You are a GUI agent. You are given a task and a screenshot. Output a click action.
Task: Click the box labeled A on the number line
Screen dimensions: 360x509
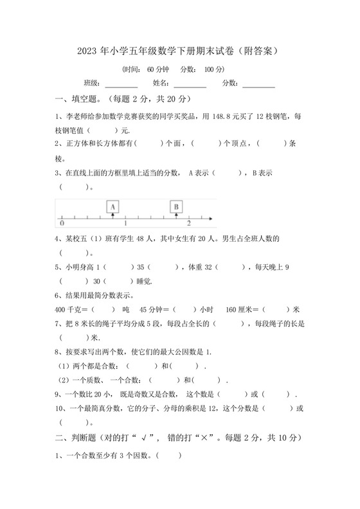[x=113, y=206]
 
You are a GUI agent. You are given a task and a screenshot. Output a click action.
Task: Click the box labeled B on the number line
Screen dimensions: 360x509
[x=176, y=206]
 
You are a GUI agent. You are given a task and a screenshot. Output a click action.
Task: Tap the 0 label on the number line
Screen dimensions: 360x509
[x=61, y=224]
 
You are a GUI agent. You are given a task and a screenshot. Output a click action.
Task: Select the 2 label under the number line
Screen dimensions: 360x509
[x=188, y=224]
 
